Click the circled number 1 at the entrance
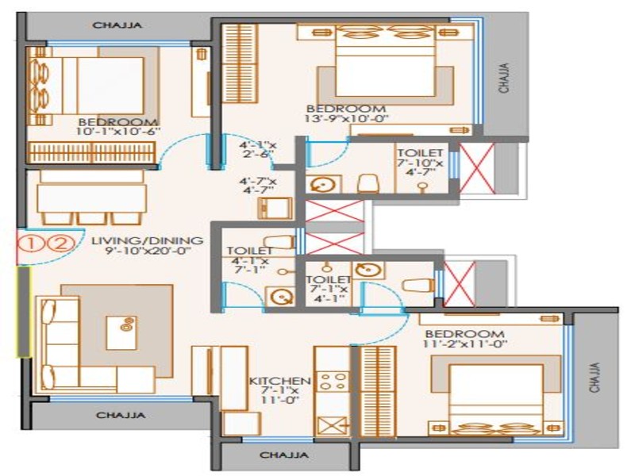[31, 244]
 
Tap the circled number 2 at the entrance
[62, 244]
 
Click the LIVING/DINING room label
[148, 240]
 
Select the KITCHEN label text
[279, 381]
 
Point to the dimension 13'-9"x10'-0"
[346, 119]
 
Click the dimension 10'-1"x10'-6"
[118, 132]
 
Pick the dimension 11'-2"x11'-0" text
[465, 344]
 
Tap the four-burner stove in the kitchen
[333, 382]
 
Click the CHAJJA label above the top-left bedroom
[117, 25]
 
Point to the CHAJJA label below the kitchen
[284, 455]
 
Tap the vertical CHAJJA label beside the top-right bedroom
[504, 78]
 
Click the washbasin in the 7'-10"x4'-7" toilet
[323, 185]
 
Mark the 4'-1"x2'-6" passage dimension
[257, 149]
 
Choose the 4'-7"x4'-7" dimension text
[257, 186]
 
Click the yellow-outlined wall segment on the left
[24, 312]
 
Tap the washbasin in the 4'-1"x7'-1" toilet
[281, 297]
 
